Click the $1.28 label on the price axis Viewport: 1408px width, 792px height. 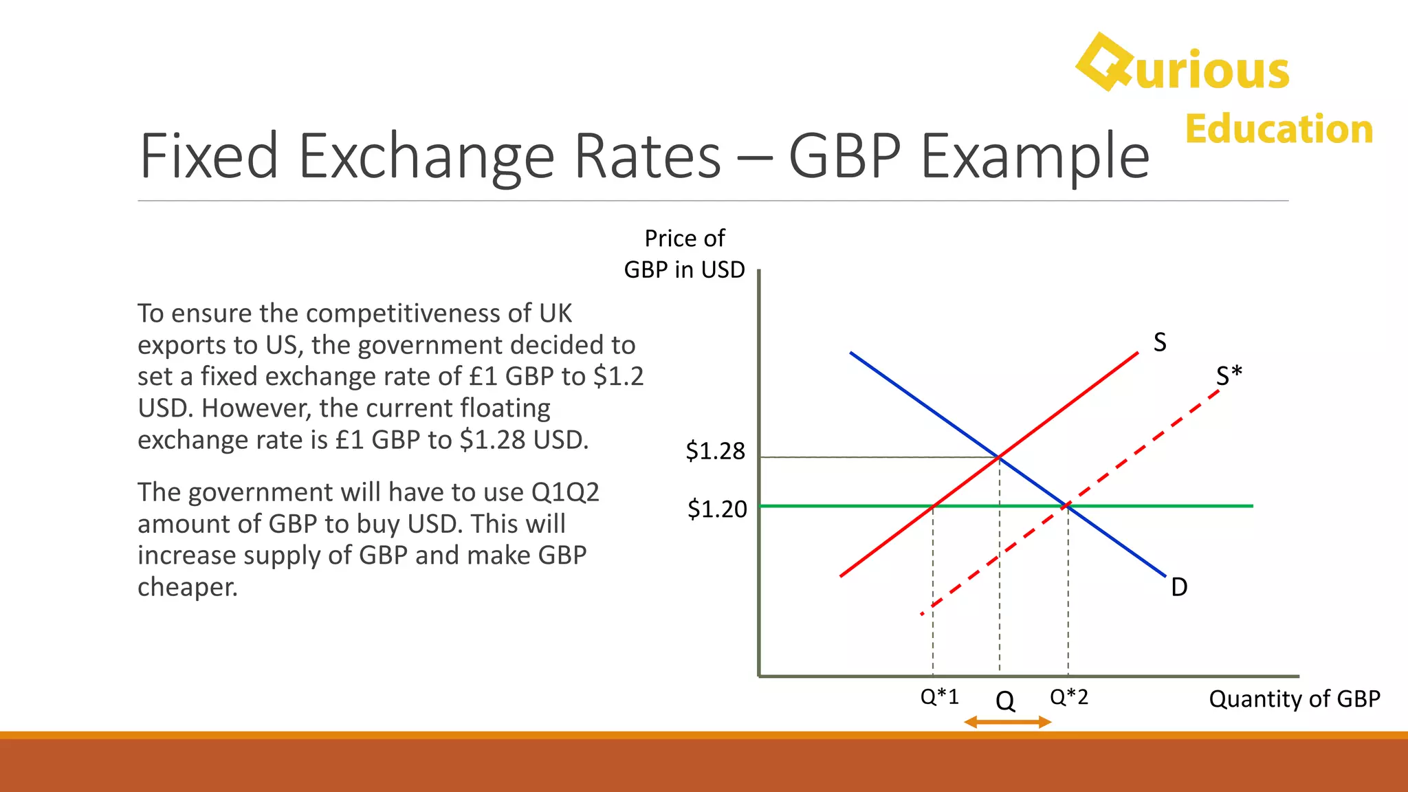pyautogui.click(x=715, y=451)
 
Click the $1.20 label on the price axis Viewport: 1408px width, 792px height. pyautogui.click(x=716, y=509)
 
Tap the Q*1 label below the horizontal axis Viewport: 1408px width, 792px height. pyautogui.click(x=939, y=696)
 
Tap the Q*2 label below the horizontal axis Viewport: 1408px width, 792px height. pyautogui.click(x=1068, y=696)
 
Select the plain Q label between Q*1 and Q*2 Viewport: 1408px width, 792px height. pyautogui.click(x=1004, y=701)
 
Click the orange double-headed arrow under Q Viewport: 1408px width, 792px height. pyautogui.click(x=1007, y=722)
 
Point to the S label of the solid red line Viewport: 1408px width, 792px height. pyautogui.click(x=1160, y=342)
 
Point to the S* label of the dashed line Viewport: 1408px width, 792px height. pyautogui.click(x=1229, y=375)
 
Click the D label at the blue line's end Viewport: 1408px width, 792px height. pyautogui.click(x=1179, y=587)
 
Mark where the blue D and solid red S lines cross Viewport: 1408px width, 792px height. pyautogui.click(x=999, y=457)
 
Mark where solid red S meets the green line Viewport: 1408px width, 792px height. pyautogui.click(x=933, y=506)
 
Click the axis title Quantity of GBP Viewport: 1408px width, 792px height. pyautogui.click(x=1294, y=698)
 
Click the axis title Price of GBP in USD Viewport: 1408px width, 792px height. pyautogui.click(x=684, y=254)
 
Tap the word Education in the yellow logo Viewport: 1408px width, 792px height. pyautogui.click(x=1279, y=129)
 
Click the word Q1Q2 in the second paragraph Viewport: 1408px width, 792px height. pyautogui.click(x=565, y=492)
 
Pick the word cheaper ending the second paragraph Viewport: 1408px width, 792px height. pyautogui.click(x=187, y=587)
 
